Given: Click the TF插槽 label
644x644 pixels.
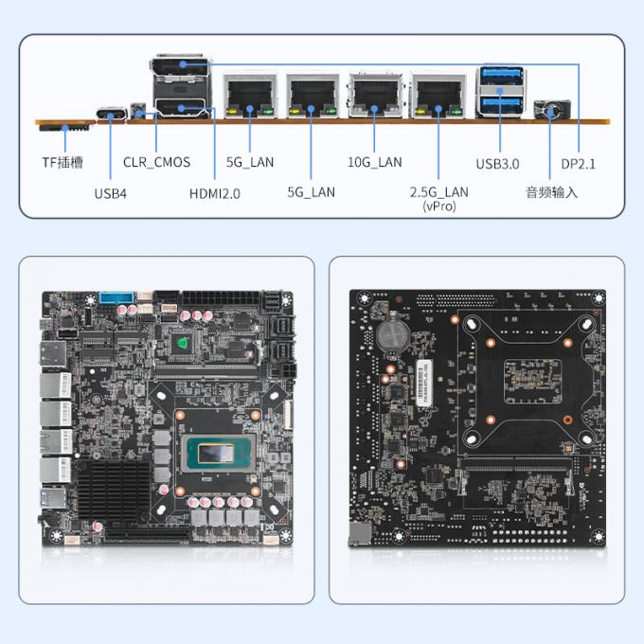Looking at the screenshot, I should tap(63, 162).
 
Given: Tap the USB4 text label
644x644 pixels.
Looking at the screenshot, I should tap(111, 193).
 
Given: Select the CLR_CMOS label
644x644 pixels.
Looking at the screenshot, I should tap(156, 162).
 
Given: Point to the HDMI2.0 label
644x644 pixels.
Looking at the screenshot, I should tap(215, 193).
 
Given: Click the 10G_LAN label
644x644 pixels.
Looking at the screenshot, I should tap(375, 162).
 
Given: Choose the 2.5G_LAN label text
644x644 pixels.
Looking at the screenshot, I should tap(438, 192).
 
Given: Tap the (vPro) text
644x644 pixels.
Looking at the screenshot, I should tap(438, 206).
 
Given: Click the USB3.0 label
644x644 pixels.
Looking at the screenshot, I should tap(497, 163).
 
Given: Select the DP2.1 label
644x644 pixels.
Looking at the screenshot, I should tap(580, 163).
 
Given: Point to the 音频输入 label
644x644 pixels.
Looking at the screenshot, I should tap(551, 193).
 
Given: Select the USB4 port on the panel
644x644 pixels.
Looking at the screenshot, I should tap(113, 117).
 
